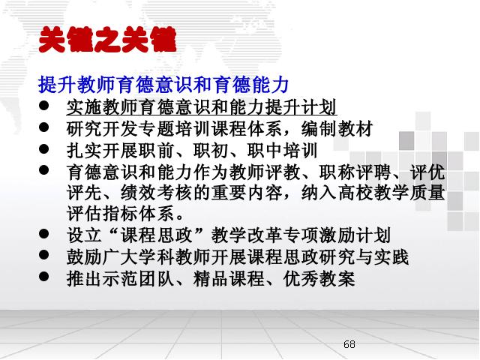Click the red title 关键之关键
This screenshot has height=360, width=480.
coord(108,40)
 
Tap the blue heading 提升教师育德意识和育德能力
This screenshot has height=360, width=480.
coord(163,85)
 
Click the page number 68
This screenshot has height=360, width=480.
coord(349,344)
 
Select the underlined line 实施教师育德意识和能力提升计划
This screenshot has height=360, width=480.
coord(202,107)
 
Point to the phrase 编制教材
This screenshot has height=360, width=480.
coord(337,128)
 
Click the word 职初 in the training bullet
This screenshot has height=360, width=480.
coord(211,150)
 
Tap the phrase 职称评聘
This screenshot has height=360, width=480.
coord(355,172)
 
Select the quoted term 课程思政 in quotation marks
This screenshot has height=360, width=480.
coord(157,235)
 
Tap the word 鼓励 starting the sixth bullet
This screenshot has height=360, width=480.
coord(85,256)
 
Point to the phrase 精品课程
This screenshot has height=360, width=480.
coord(229,278)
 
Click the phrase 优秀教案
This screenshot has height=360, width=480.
coord(319,278)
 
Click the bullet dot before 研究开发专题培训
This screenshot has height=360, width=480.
coord(44,127)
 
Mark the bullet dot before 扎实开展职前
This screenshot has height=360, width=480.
coord(44,148)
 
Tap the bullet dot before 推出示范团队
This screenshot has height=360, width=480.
coord(44,277)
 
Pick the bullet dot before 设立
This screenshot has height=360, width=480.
coord(44,233)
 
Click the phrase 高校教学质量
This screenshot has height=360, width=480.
coord(391,193)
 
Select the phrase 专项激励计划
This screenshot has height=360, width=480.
coord(337,235)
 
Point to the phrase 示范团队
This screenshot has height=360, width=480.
coord(138,278)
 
